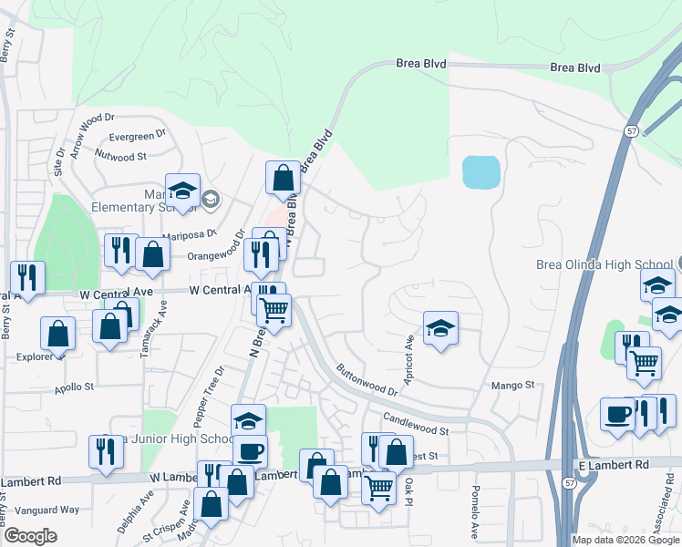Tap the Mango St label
point(512,386)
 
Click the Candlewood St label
point(417,422)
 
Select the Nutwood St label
point(122,157)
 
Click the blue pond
point(480,171)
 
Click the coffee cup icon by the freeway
point(617,416)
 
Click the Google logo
point(30,536)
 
